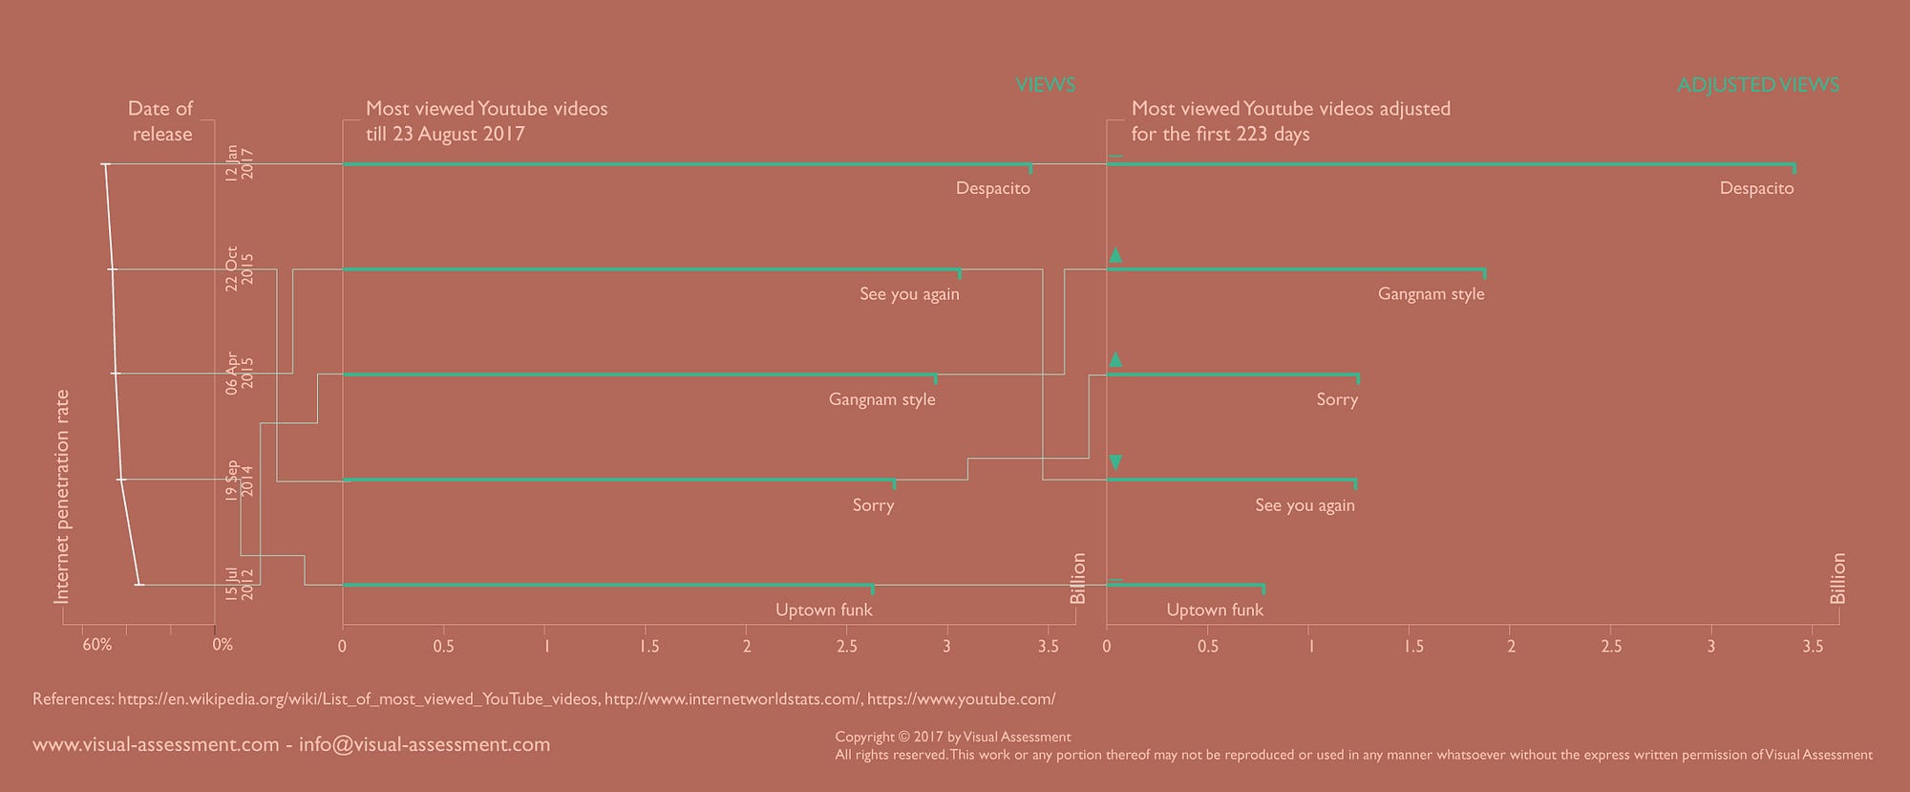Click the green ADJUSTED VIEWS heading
pos(1757,85)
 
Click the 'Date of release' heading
pos(160,121)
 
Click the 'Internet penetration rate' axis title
pos(62,497)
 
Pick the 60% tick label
pos(97,645)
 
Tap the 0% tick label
pos(223,645)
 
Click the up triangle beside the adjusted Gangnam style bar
pos(1114,255)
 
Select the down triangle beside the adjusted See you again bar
pos(1114,463)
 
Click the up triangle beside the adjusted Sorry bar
pos(1114,359)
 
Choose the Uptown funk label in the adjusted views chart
pos(1215,610)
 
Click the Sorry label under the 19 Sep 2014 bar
pos(873,504)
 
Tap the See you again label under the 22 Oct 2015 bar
pos(909,294)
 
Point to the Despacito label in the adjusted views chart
pos(1756,188)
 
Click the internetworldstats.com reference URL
pos(732,699)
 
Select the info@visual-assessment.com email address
pos(424,744)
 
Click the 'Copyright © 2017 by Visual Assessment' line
pos(952,737)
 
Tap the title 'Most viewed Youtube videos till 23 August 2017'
pos(486,121)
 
